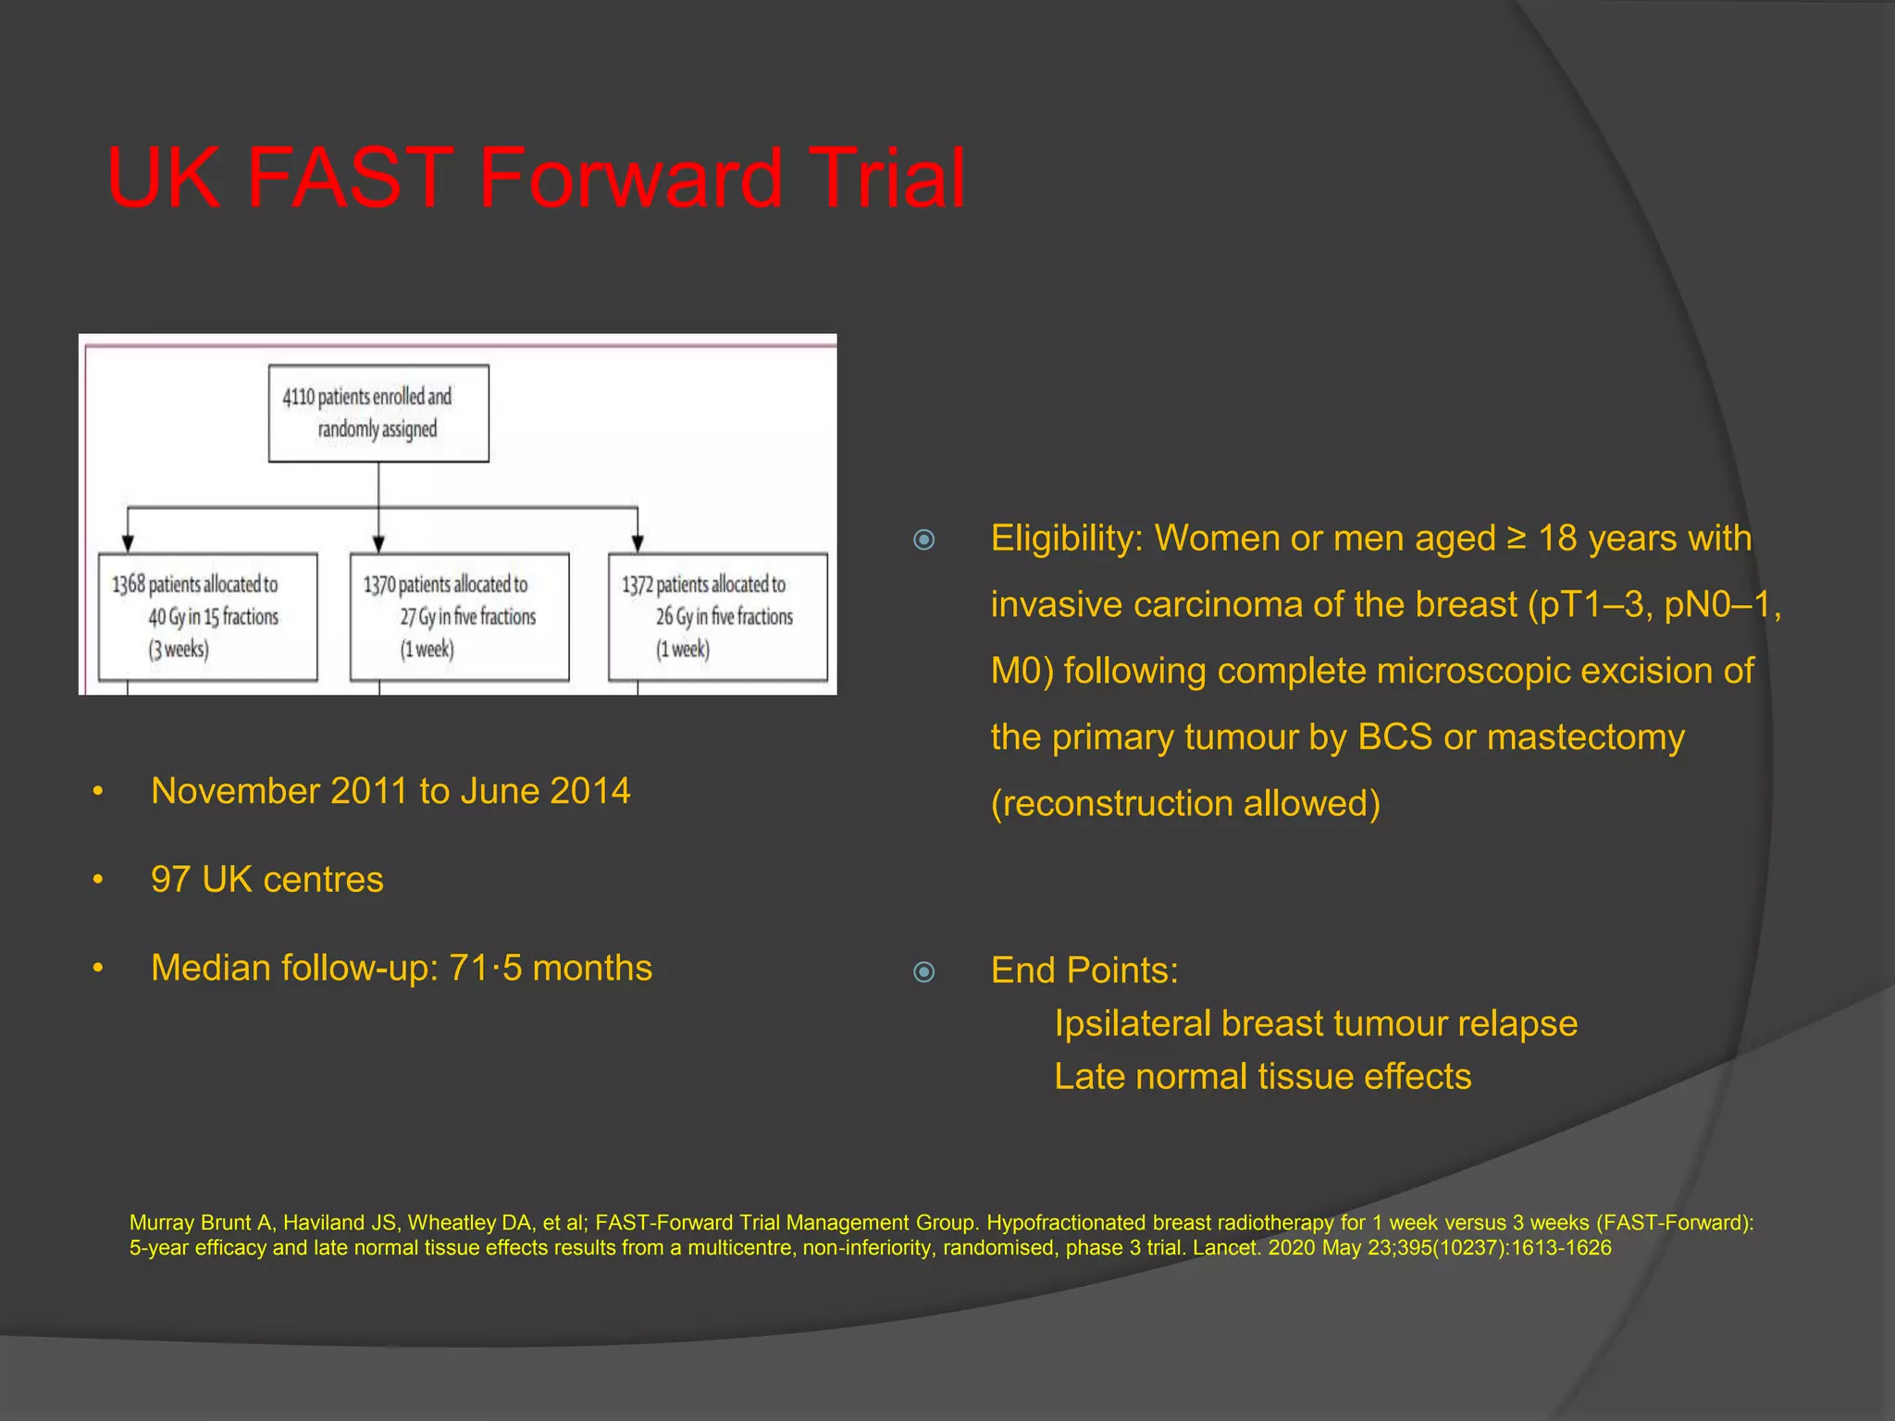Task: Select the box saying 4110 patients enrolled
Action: pyautogui.click(x=378, y=414)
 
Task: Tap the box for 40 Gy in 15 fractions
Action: pyautogui.click(x=207, y=617)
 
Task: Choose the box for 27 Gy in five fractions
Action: pyautogui.click(x=459, y=617)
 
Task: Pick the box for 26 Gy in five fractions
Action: pyautogui.click(x=718, y=617)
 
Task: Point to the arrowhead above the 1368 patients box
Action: pyautogui.click(x=128, y=543)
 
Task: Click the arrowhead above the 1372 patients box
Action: pyautogui.click(x=638, y=543)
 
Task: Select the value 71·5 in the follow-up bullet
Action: pyautogui.click(x=485, y=968)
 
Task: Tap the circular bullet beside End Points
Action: pyautogui.click(x=923, y=971)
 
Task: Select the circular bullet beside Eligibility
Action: pyautogui.click(x=923, y=539)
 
